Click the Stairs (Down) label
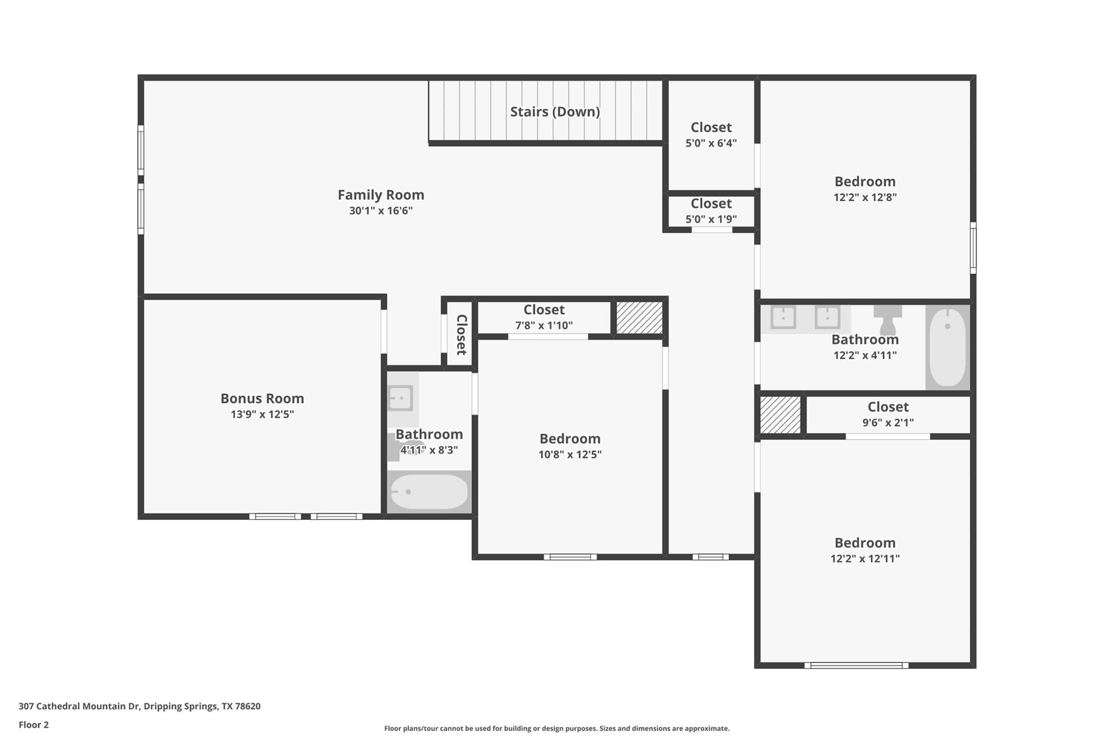[555, 112]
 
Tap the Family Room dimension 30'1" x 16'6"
[381, 211]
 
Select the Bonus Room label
[262, 398]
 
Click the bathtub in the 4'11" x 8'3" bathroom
[429, 492]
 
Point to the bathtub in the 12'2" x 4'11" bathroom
[948, 347]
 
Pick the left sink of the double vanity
[783, 317]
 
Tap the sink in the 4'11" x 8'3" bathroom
[401, 398]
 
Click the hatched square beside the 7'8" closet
[639, 317]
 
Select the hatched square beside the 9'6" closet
[781, 415]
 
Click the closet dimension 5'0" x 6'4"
[711, 143]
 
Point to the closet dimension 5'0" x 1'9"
[711, 219]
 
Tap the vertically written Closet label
[461, 334]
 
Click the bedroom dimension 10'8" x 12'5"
[570, 455]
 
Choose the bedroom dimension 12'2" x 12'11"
[865, 558]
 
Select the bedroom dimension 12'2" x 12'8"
[865, 197]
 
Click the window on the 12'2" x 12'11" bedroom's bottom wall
[856, 665]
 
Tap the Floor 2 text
[34, 724]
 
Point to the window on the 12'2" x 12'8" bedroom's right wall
[973, 248]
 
